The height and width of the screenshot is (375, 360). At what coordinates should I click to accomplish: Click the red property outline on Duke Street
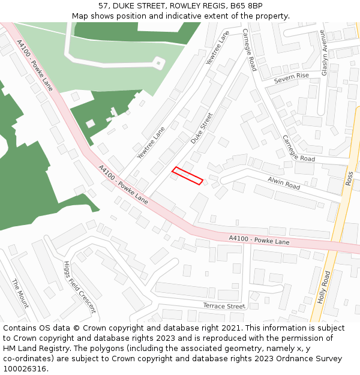[x=187, y=175]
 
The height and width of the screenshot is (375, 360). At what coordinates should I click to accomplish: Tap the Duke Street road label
[x=202, y=128]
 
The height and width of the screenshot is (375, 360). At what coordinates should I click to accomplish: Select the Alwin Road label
[x=284, y=183]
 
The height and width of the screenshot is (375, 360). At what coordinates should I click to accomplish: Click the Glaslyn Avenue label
[x=325, y=52]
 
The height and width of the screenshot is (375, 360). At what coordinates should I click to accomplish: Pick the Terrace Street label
[x=224, y=306]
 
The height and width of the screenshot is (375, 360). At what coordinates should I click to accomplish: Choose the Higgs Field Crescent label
[x=80, y=287]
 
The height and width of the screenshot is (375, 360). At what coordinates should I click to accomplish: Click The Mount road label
[x=20, y=293]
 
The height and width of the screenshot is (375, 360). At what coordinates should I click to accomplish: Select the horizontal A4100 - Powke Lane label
[x=259, y=240]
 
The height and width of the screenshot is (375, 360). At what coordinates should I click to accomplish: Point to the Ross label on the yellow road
[x=349, y=178]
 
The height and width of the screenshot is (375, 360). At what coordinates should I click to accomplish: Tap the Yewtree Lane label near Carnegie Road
[x=217, y=48]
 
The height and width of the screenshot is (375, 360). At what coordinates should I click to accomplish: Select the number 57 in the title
[x=103, y=6]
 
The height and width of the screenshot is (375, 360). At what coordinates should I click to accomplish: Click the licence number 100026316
[x=26, y=368]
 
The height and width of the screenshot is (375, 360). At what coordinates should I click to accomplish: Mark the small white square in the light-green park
[x=158, y=62]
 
